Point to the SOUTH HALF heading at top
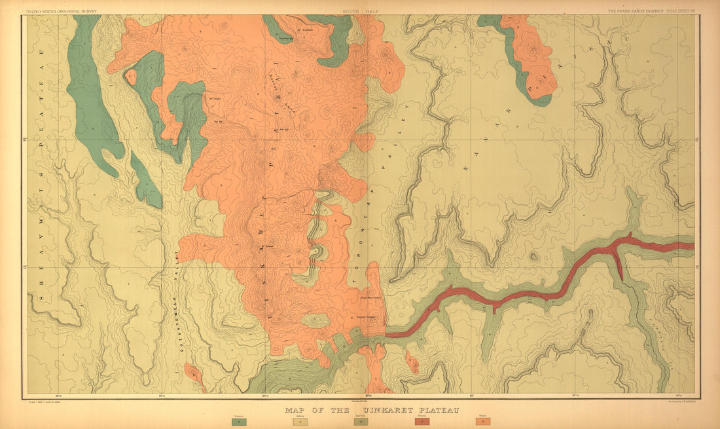(359, 11)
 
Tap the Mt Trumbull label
(303, 30)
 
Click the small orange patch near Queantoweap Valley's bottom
(194, 375)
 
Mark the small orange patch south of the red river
(412, 362)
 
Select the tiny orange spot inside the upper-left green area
(131, 77)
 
